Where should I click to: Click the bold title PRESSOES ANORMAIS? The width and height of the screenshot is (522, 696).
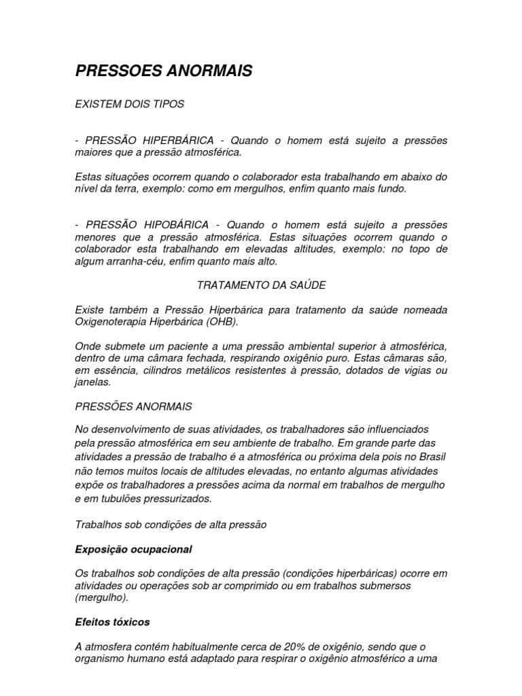[163, 71]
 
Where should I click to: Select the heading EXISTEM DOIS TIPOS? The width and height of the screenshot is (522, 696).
[130, 105]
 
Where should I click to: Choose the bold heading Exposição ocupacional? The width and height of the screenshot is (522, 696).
[134, 549]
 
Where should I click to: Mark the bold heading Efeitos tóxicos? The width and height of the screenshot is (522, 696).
[112, 621]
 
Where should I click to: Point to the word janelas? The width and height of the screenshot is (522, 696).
[92, 382]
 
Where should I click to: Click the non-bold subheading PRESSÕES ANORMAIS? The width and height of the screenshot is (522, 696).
[134, 406]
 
